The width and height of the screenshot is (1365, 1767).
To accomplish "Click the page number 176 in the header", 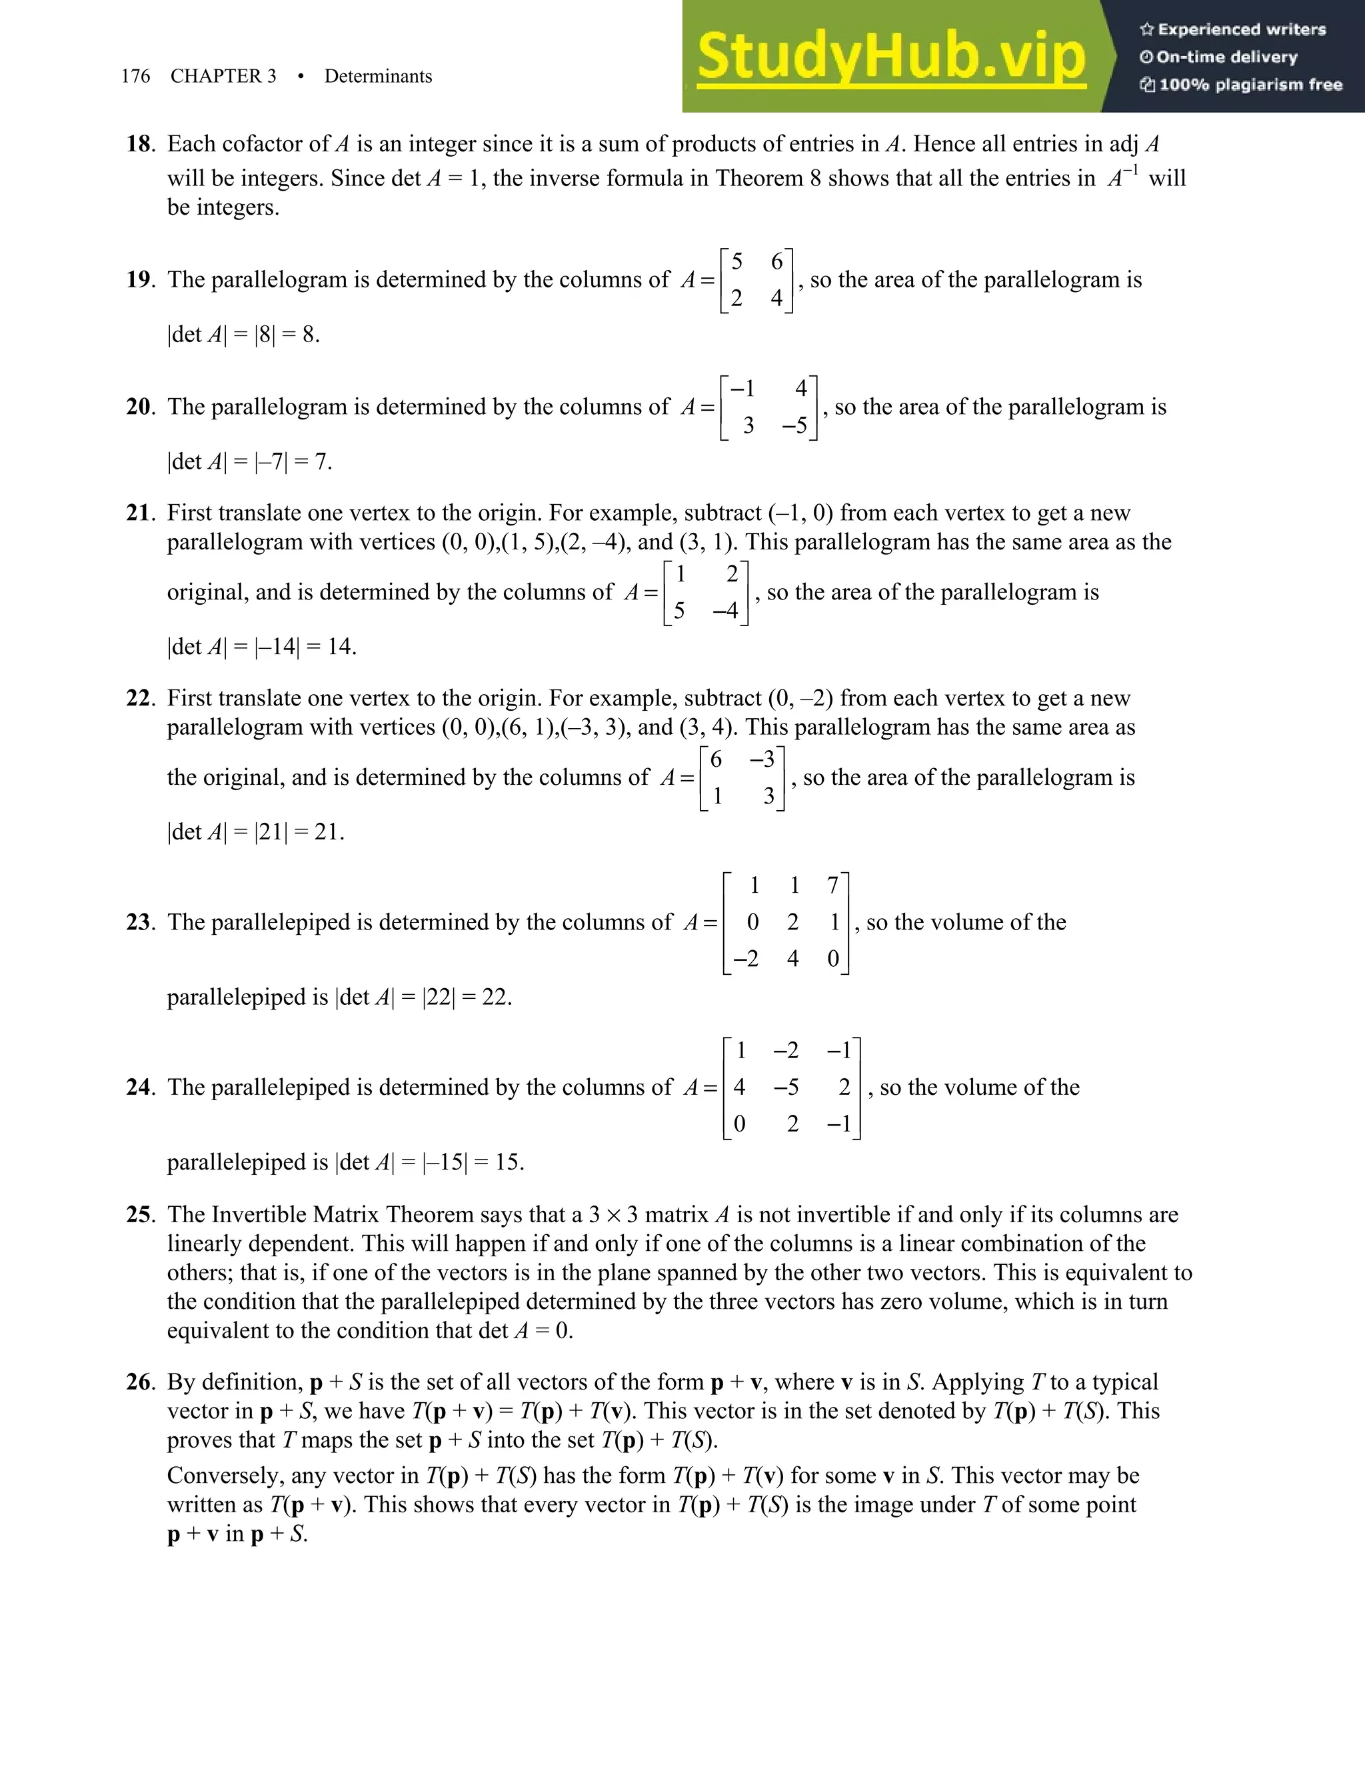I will [x=135, y=76].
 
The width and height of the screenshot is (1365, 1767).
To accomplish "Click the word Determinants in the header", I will [x=378, y=76].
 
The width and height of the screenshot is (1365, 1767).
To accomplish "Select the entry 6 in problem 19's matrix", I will [x=776, y=261].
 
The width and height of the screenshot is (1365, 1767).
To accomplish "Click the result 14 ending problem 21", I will [x=340, y=646].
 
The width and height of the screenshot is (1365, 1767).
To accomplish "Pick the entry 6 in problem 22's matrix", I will [x=716, y=759].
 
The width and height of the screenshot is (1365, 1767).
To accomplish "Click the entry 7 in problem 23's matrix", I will [x=833, y=886].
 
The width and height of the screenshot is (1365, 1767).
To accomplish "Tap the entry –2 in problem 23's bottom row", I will [x=744, y=959].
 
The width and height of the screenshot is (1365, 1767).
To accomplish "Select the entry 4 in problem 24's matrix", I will [x=739, y=1088].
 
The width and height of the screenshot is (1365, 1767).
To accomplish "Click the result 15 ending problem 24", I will [x=507, y=1163].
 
